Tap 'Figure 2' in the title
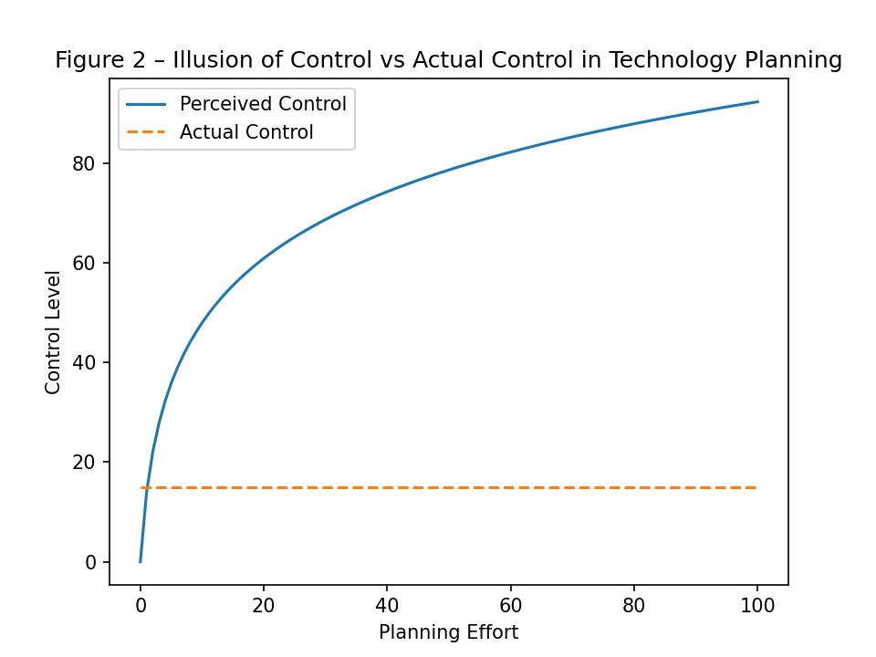tap(90, 60)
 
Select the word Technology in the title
tap(667, 60)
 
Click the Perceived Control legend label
tap(263, 104)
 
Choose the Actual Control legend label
tap(246, 132)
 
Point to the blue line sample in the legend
tap(146, 104)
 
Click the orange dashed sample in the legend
tap(146, 132)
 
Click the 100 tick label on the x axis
tap(757, 605)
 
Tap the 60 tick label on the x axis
tap(510, 605)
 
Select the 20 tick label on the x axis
tap(264, 605)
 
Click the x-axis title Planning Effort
tap(448, 632)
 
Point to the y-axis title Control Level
tap(53, 332)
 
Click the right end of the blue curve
tap(757, 102)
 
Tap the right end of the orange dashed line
tap(756, 487)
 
